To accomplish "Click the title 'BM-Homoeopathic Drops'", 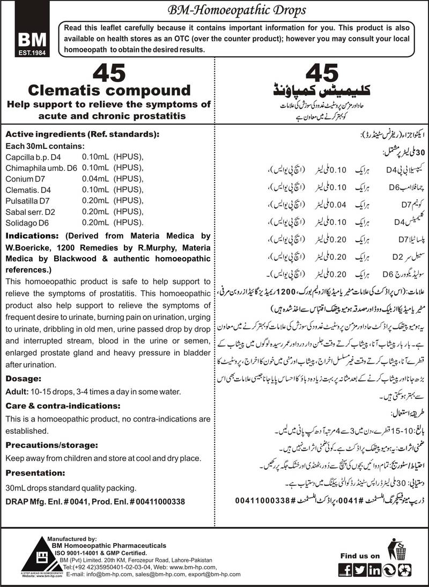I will pyautogui.click(x=214, y=10).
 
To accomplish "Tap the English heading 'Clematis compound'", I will pyautogui.click(x=109, y=89).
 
